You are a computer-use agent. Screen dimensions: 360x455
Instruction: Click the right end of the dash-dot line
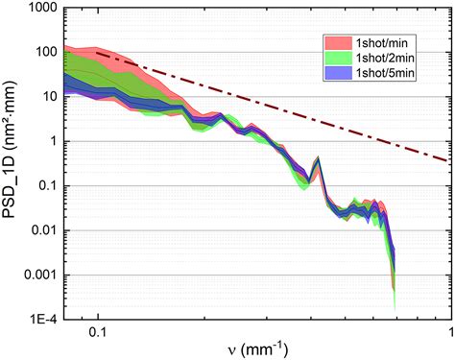coord(450,159)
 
